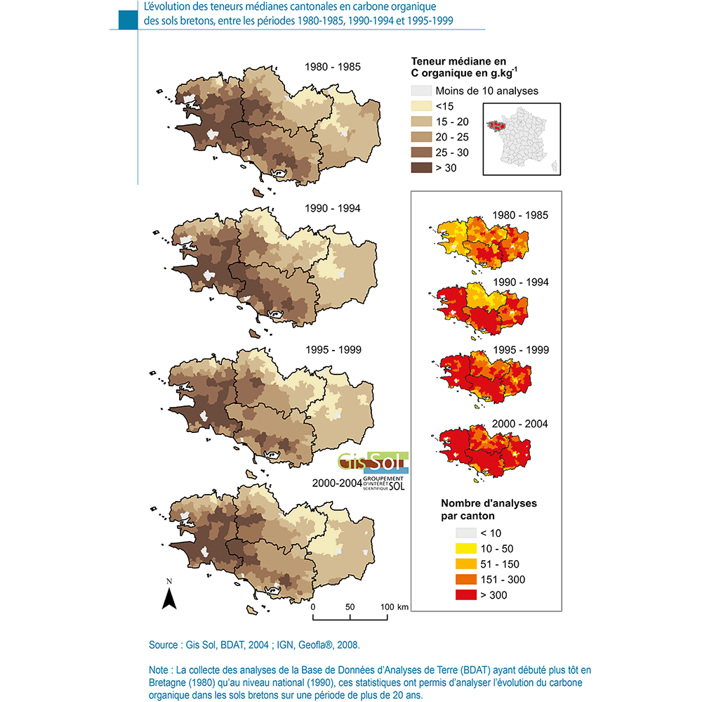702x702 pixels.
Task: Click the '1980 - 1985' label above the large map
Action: pyautogui.click(x=333, y=67)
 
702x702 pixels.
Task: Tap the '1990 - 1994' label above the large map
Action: pyautogui.click(x=333, y=209)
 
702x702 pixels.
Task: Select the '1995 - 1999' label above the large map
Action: pyautogui.click(x=333, y=349)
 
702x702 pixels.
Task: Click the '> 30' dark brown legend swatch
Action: pyautogui.click(x=420, y=168)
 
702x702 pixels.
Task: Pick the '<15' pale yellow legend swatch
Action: pyautogui.click(x=420, y=106)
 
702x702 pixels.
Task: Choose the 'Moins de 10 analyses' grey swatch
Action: pyautogui.click(x=420, y=91)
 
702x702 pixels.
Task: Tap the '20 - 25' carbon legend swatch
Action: pyautogui.click(x=420, y=137)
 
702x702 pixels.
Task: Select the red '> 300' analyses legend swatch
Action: pyautogui.click(x=465, y=595)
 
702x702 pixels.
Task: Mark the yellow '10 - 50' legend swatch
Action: pyautogui.click(x=465, y=549)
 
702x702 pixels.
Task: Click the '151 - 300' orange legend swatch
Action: pyautogui.click(x=465, y=580)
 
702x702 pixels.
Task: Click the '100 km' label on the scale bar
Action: pyautogui.click(x=394, y=606)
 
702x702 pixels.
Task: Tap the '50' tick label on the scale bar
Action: pyautogui.click(x=350, y=606)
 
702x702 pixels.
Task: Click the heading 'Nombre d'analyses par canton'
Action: pyautogui.click(x=489, y=509)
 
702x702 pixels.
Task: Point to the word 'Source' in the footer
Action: pyautogui.click(x=164, y=644)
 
